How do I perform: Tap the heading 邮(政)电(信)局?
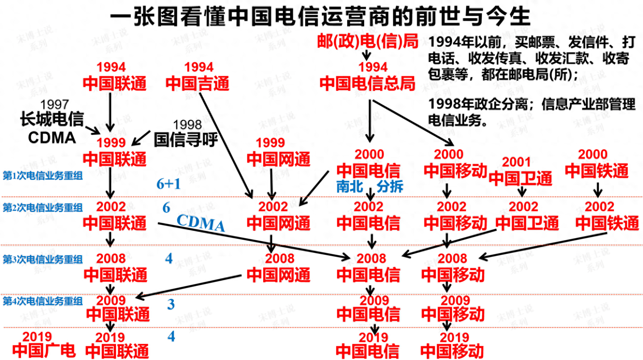367,41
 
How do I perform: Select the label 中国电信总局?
367,84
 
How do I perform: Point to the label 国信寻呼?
185,140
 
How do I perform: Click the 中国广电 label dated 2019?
44,350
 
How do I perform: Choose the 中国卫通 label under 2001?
521,178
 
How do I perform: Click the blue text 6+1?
168,184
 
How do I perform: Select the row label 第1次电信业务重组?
42,176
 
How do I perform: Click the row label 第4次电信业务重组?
42,300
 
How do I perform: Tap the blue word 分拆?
390,186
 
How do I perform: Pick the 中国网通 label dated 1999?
278,159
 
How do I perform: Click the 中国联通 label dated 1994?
115,84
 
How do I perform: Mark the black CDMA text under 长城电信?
52,137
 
